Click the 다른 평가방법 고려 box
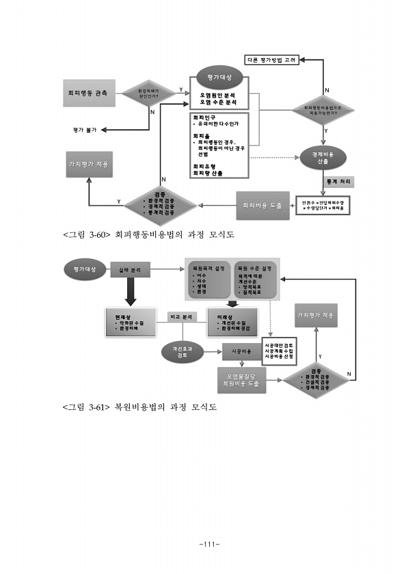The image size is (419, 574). pyautogui.click(x=271, y=60)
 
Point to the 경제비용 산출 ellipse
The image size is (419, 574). pyautogui.click(x=323, y=159)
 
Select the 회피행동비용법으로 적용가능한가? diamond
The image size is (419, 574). pyautogui.click(x=323, y=109)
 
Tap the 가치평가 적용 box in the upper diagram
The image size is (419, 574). pyautogui.click(x=88, y=165)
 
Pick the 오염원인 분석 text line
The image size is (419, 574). pyautogui.click(x=217, y=94)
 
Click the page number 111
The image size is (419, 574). pyautogui.click(x=208, y=544)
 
